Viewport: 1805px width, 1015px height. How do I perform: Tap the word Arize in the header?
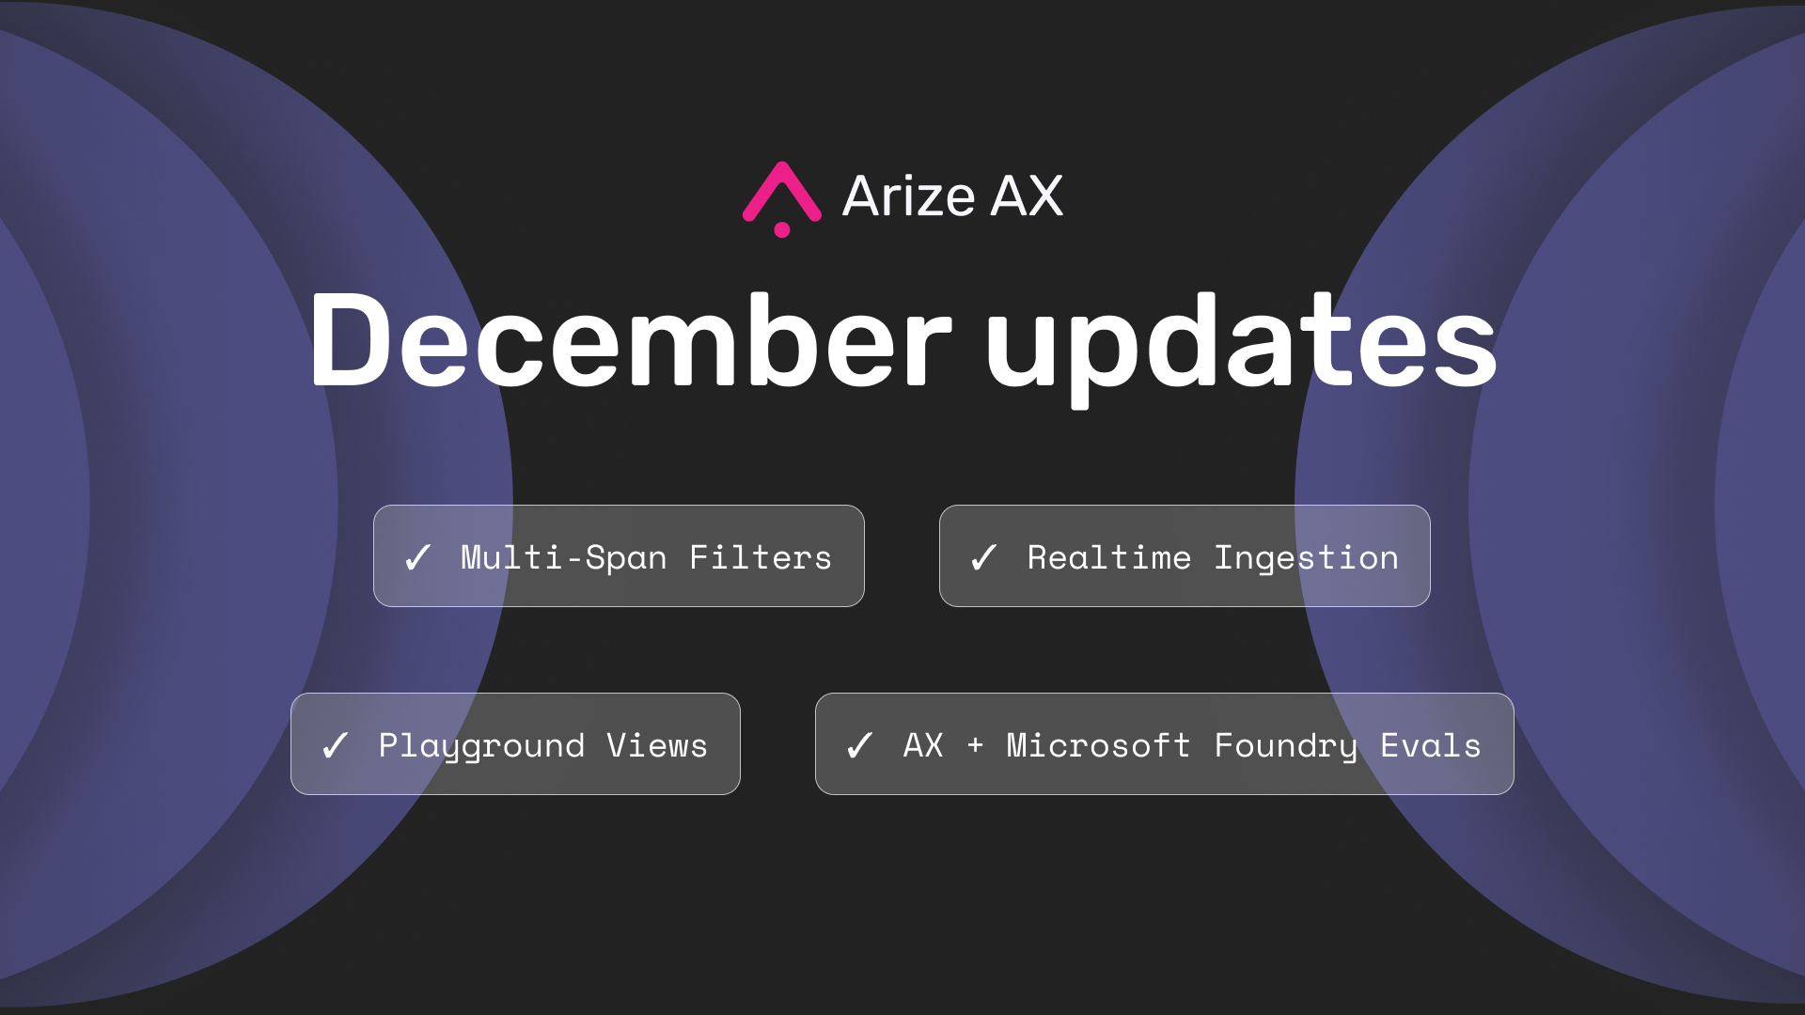point(909,196)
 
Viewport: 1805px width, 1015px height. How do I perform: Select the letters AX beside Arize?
point(1027,196)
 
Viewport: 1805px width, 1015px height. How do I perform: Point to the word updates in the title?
point(1241,348)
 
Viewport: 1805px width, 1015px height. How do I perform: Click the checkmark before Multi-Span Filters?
point(417,557)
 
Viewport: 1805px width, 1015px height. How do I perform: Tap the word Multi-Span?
point(563,557)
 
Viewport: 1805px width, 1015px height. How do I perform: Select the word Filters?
point(761,557)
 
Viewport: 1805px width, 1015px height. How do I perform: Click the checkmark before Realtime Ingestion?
point(983,557)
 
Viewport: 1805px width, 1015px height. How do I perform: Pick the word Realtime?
point(1109,557)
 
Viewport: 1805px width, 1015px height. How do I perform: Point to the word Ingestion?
point(1307,558)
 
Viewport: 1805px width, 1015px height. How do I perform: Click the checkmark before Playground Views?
point(335,745)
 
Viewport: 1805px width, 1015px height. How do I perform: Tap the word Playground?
point(481,746)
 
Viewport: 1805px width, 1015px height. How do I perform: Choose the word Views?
point(657,745)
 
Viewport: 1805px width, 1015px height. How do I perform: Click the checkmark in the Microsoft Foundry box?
point(859,745)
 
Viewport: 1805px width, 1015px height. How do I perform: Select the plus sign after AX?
point(975,745)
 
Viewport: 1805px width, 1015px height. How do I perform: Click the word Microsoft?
point(1098,745)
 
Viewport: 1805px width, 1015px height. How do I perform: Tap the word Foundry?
point(1286,746)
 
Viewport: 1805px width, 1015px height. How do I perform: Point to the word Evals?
point(1431,745)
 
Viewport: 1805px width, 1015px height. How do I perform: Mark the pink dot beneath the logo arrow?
point(781,229)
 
